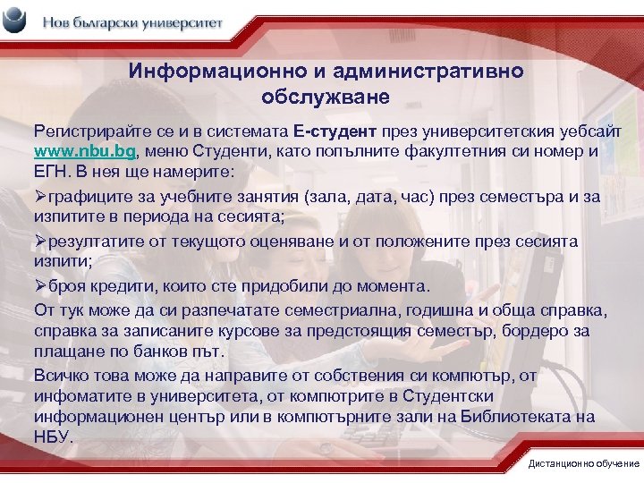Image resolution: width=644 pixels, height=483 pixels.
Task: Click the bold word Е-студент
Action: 343,131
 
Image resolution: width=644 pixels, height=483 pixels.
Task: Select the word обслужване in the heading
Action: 326,92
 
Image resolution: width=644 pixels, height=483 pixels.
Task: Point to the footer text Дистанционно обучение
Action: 584,463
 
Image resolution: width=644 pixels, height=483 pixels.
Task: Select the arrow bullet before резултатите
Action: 39,241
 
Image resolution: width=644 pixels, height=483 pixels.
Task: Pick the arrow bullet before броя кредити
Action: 39,287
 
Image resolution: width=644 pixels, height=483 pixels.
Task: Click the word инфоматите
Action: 80,395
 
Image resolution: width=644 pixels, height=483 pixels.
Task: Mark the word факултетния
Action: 461,150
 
